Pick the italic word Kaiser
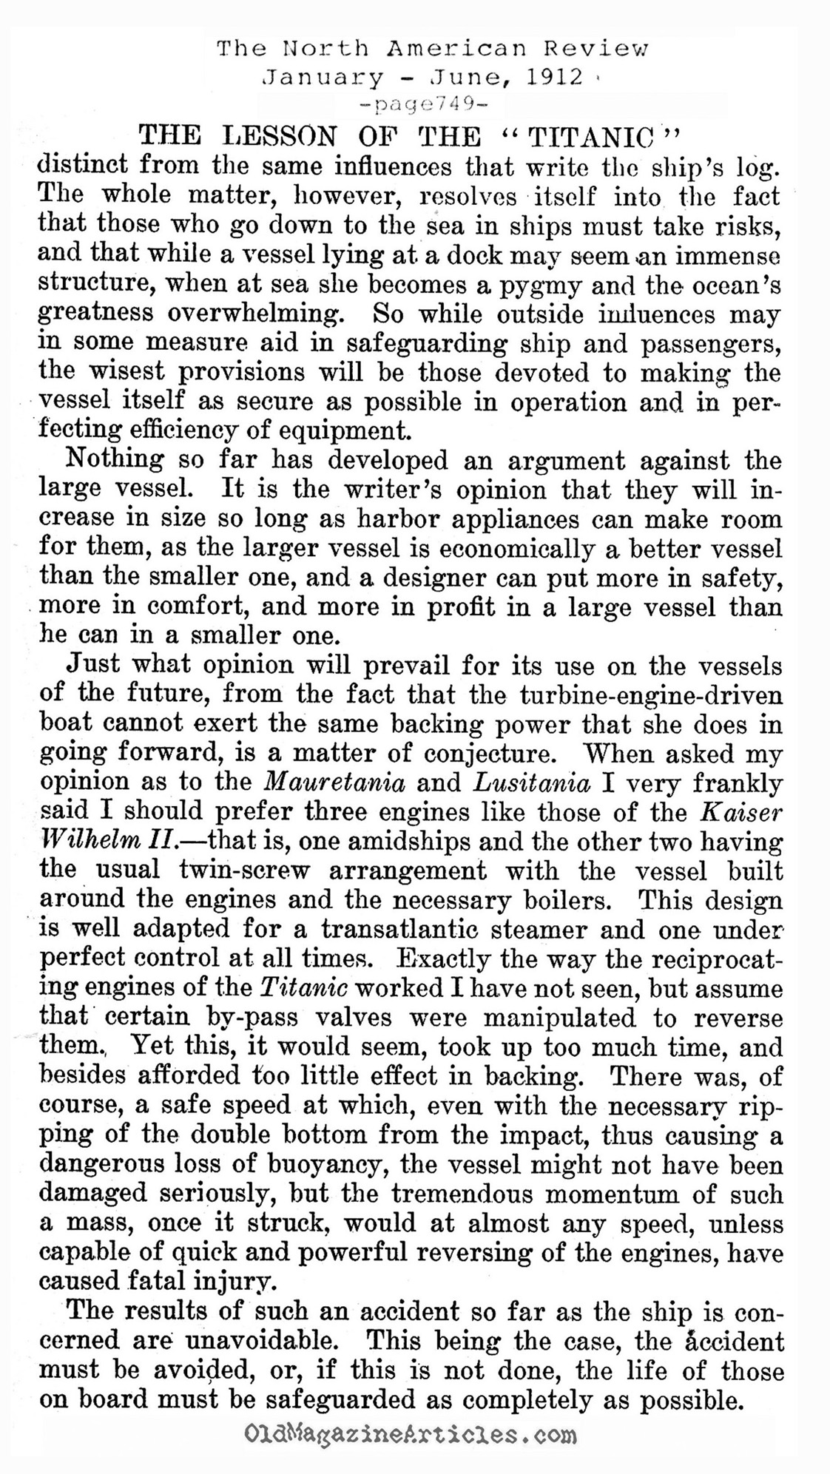[x=740, y=811]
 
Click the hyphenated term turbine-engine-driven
[x=641, y=695]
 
